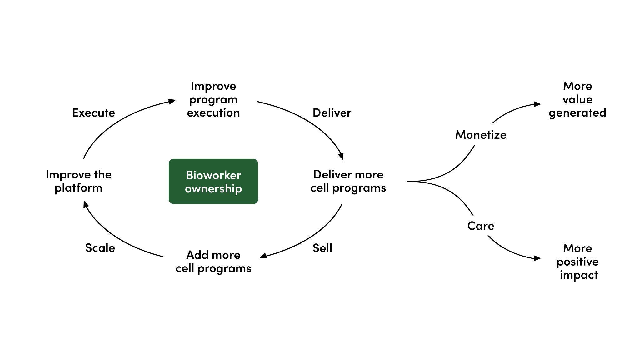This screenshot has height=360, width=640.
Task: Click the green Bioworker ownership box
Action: coord(213,181)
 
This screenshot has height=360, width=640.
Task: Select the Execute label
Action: coord(94,113)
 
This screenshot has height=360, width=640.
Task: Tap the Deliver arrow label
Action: coord(332,113)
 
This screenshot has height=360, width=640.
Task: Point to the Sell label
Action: coord(322,248)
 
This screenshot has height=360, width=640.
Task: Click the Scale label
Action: coord(100,248)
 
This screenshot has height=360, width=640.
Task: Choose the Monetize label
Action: coord(481,135)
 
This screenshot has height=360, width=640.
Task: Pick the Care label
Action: coord(481,226)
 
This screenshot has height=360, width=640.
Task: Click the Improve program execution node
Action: coord(213,99)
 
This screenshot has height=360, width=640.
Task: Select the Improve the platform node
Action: coord(78,181)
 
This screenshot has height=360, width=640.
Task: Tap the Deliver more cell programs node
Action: coord(348,181)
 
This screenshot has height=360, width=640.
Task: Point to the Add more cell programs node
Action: coord(213,262)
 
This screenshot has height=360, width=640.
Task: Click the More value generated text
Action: coord(577,99)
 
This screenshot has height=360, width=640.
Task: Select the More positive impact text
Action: coord(577,262)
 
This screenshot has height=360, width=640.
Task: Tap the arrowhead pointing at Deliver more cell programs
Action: coord(342,156)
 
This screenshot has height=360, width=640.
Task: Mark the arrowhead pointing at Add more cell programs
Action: coord(263,256)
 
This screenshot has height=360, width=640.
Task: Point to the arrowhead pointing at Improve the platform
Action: coord(85,204)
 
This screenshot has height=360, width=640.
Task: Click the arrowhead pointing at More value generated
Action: coord(537,104)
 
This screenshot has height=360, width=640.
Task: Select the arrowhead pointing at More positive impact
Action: coord(537,258)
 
